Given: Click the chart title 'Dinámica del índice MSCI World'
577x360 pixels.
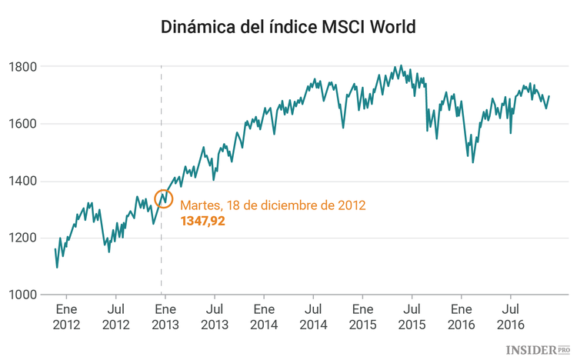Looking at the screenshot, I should click(x=288, y=28).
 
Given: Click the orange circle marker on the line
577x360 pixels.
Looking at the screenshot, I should click(x=163, y=198).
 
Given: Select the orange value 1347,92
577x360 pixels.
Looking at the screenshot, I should click(x=202, y=221).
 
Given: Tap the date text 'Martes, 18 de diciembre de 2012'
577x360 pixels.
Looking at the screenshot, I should click(x=272, y=205).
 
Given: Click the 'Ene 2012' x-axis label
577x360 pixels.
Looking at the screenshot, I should click(x=66, y=317).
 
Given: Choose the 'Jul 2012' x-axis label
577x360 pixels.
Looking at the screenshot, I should click(x=115, y=317).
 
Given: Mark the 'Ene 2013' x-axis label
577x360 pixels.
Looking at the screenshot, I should click(x=165, y=317).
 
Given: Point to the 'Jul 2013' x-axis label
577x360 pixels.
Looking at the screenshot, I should click(x=214, y=317).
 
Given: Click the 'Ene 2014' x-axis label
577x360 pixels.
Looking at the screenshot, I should click(x=263, y=317).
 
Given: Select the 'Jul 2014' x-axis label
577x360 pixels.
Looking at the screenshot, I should click(x=312, y=317).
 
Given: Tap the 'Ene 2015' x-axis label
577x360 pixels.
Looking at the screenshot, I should click(x=362, y=317).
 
